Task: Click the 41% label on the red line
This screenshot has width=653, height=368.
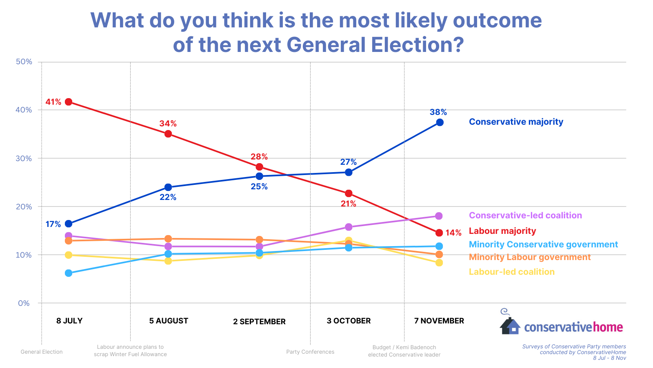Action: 53,102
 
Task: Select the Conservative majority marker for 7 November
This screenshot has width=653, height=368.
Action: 440,122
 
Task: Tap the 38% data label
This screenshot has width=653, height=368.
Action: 438,112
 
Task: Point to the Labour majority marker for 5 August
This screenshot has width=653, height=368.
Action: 168,134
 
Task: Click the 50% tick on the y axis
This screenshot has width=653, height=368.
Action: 24,62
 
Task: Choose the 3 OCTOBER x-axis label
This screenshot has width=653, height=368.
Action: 349,321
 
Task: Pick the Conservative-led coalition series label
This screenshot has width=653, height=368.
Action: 525,215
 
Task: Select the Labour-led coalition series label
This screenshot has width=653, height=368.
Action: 511,272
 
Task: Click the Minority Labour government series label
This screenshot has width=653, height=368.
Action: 529,257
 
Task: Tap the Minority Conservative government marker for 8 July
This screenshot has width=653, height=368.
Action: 69,273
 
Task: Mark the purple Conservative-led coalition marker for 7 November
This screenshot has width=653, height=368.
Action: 439,216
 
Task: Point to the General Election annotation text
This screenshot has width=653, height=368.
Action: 42,352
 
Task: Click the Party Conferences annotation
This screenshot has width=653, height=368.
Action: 310,352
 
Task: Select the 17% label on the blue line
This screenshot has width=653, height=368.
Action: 53,224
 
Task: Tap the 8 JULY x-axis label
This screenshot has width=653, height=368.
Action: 69,321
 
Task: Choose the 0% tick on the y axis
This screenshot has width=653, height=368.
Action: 24,303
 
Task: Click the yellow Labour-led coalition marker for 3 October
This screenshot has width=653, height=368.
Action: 349,241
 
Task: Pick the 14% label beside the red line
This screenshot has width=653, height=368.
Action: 453,233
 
